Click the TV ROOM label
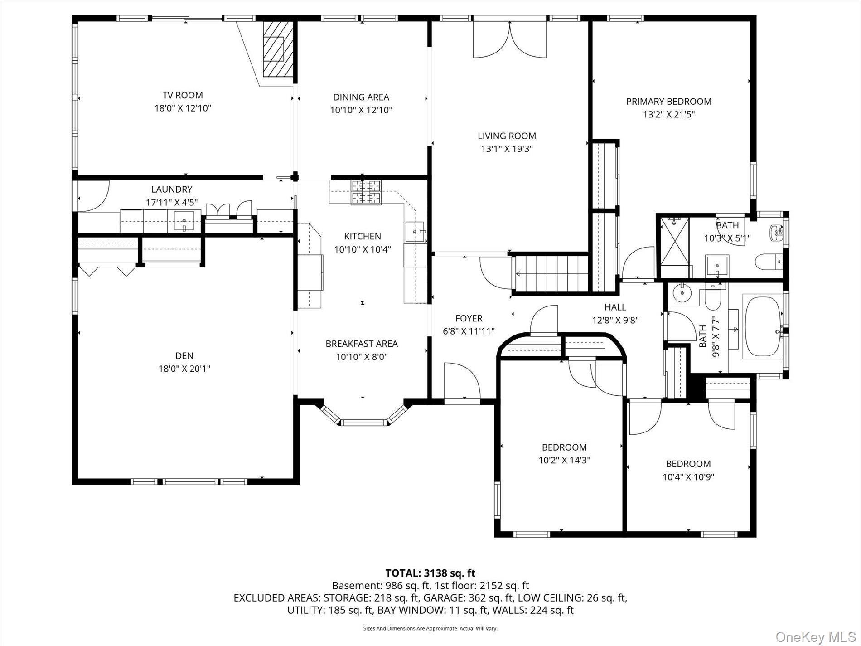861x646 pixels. (x=183, y=95)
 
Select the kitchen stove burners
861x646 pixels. (x=366, y=192)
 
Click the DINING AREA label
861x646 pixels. (x=361, y=97)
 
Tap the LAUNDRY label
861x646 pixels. (x=172, y=189)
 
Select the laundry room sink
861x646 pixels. (x=184, y=221)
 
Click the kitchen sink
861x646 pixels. (x=416, y=232)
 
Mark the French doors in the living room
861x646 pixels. (x=509, y=40)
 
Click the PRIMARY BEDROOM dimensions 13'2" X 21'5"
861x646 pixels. (x=669, y=115)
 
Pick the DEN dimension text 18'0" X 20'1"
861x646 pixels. (x=184, y=369)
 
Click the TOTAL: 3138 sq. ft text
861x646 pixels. (x=430, y=573)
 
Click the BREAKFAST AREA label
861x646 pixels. (x=362, y=344)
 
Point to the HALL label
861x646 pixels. (x=615, y=307)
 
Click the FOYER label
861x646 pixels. (x=469, y=319)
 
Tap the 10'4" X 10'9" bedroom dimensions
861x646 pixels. (x=688, y=477)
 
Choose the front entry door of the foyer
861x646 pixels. (x=462, y=382)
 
